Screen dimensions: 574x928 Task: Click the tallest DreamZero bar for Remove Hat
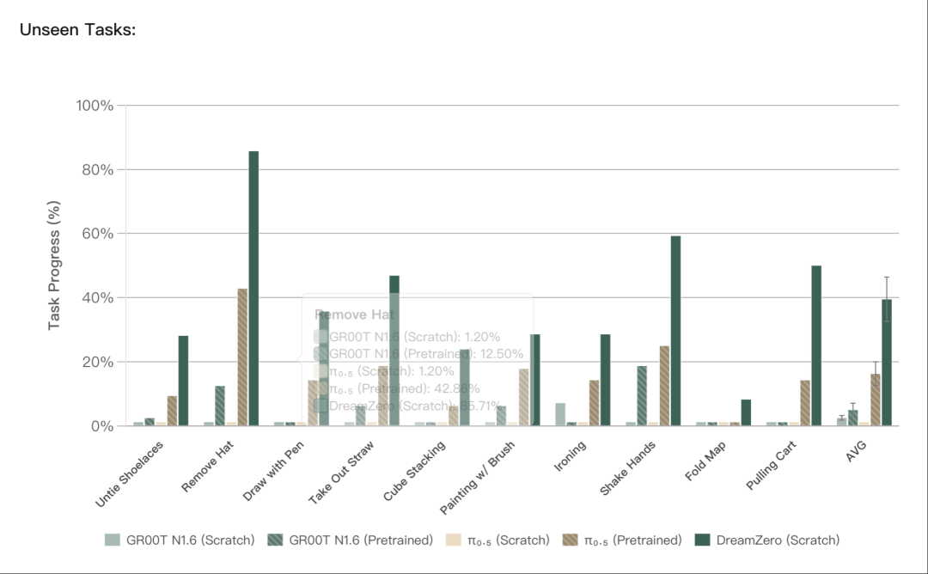[x=253, y=288]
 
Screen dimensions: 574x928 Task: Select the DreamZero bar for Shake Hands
[x=675, y=331]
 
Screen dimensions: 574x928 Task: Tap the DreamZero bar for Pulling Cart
[x=816, y=345]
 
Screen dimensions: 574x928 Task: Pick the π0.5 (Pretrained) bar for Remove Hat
[x=242, y=357]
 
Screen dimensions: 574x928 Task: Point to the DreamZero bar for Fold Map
[x=746, y=412]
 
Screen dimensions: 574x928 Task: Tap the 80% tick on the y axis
[x=95, y=170]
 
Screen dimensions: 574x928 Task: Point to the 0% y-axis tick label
[x=101, y=426]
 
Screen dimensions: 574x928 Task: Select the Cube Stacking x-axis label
[x=416, y=471]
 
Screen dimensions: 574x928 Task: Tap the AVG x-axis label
[x=856, y=452]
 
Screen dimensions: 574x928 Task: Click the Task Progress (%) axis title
[x=54, y=266]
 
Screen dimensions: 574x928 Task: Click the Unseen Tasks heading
[x=77, y=30]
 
